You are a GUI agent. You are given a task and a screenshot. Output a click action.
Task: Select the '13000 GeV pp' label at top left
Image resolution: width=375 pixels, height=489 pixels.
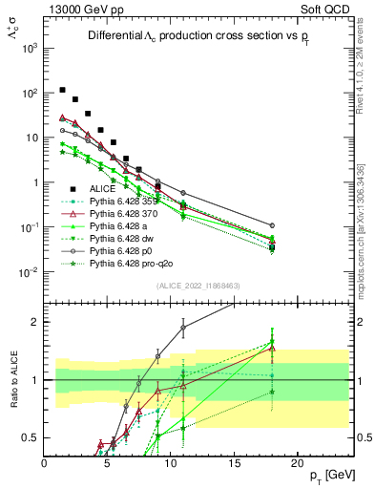coord(80,8)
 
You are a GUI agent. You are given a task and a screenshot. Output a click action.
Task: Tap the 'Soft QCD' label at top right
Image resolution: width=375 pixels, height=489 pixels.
coord(328,8)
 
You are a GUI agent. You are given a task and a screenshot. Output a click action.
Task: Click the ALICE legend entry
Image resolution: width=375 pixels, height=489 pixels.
coord(103,189)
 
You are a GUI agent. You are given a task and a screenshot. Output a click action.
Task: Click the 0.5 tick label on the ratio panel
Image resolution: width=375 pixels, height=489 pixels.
coord(31,437)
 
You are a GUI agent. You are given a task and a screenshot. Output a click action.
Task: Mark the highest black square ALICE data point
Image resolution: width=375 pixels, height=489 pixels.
coord(63,90)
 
